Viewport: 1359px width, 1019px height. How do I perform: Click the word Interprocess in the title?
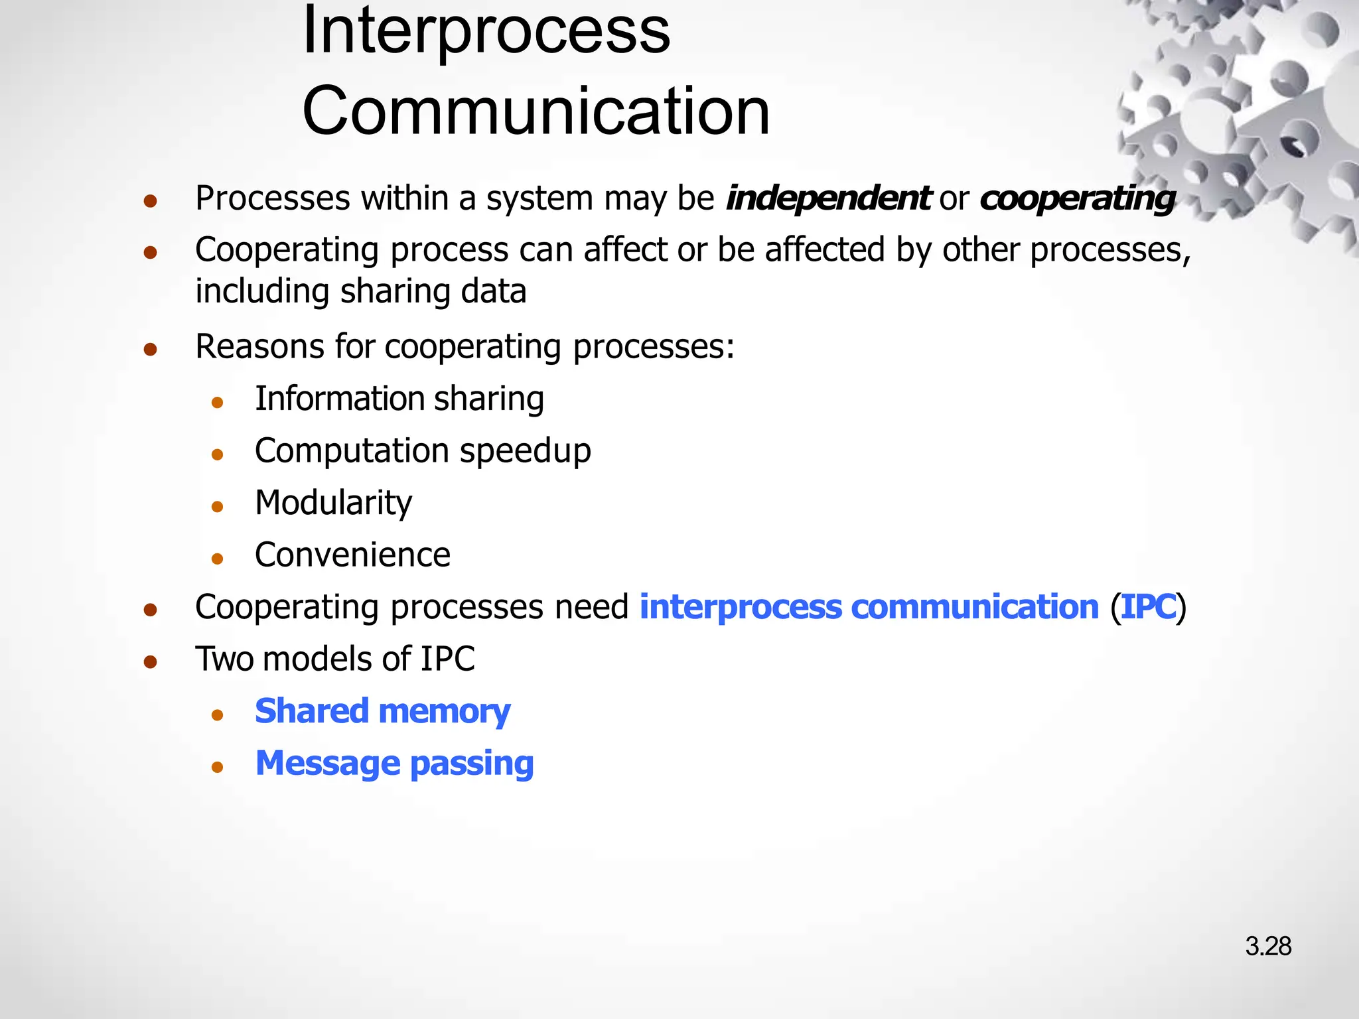486,32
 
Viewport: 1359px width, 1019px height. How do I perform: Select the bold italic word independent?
828,198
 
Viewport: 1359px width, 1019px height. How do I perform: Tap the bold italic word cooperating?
1077,198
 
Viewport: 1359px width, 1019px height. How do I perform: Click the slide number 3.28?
1267,946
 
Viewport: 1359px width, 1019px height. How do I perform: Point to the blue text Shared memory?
382,711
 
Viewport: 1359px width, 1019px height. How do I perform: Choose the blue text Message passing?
394,763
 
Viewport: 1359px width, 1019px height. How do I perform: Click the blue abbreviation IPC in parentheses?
1148,607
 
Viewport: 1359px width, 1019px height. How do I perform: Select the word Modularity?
333,503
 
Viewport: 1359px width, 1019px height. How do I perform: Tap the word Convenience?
352,555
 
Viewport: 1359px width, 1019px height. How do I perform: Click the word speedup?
525,451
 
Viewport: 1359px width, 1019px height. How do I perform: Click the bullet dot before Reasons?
151,349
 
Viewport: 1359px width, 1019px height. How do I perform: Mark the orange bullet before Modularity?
217,507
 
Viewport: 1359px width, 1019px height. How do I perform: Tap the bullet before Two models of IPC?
151,661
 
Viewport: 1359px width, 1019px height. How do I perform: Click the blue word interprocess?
740,607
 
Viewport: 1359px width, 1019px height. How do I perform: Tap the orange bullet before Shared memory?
217,715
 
